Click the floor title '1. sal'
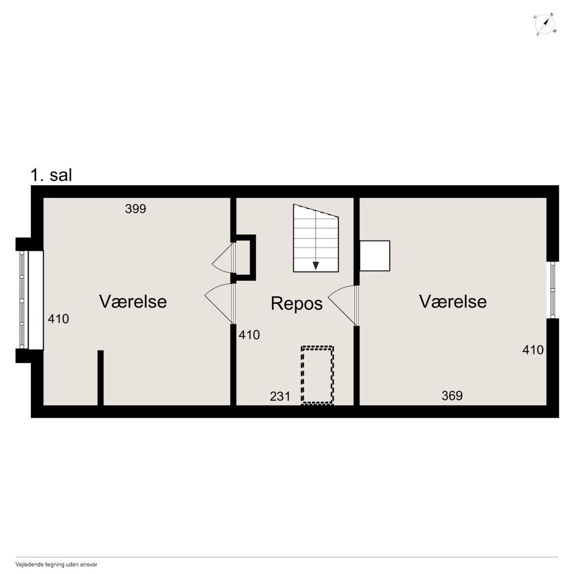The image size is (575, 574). [51, 175]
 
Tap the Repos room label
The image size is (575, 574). [296, 304]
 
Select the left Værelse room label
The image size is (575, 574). [133, 301]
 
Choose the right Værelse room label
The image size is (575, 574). [453, 301]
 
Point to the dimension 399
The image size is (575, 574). [136, 209]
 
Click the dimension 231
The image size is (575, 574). [280, 397]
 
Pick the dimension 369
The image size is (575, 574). [452, 396]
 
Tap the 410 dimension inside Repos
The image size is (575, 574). [249, 335]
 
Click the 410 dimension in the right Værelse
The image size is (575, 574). [533, 350]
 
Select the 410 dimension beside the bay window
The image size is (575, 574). [58, 319]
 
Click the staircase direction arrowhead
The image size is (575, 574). [316, 266]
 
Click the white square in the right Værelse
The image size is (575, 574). [375, 256]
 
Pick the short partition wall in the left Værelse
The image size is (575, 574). [101, 378]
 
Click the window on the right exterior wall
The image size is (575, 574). [553, 290]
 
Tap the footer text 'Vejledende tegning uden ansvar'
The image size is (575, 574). [57, 565]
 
